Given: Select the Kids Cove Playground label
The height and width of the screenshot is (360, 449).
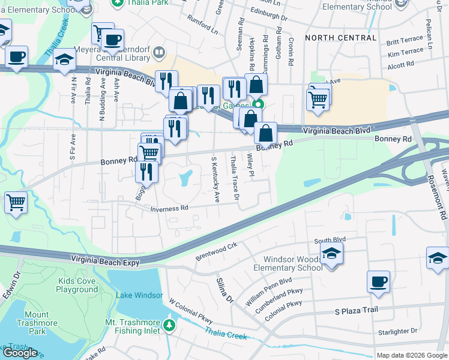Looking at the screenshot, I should [77, 285].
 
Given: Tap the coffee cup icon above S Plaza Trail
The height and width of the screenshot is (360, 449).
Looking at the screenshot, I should [378, 281].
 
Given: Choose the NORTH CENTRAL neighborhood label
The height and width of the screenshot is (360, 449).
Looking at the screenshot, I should [341, 38].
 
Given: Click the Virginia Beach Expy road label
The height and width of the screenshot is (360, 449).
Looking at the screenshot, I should [105, 261].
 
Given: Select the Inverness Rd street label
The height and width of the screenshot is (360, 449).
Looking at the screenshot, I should [169, 208].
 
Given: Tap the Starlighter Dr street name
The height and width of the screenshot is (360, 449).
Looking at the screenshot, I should [397, 331].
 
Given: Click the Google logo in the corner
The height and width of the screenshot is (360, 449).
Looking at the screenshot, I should [20, 353].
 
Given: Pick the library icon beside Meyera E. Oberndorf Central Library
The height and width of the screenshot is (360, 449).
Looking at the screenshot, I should [158, 52].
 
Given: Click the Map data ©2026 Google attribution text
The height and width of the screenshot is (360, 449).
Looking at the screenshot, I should [411, 355].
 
